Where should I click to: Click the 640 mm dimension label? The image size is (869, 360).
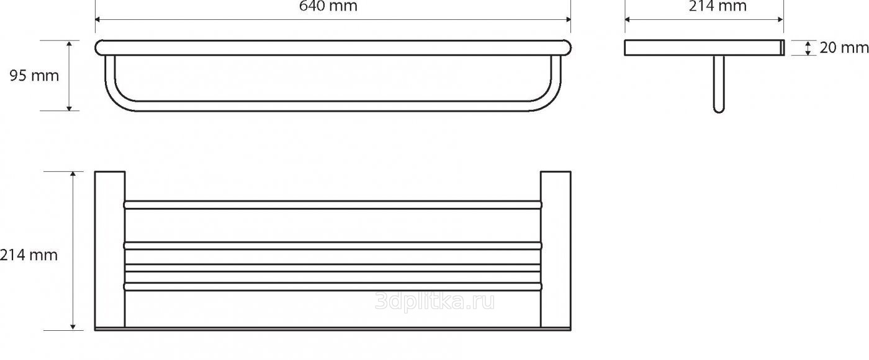[328, 6]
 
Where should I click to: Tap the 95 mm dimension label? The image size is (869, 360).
[34, 76]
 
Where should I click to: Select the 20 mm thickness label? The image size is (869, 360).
[842, 48]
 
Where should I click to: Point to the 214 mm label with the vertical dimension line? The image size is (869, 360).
[29, 254]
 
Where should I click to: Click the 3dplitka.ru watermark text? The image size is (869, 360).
[435, 302]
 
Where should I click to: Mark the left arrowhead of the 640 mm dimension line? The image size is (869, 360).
[98, 19]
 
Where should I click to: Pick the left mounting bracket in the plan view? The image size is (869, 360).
[110, 248]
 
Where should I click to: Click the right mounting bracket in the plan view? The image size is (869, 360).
[556, 248]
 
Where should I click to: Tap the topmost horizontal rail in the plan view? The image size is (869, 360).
[333, 204]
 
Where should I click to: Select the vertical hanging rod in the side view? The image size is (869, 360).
[719, 84]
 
